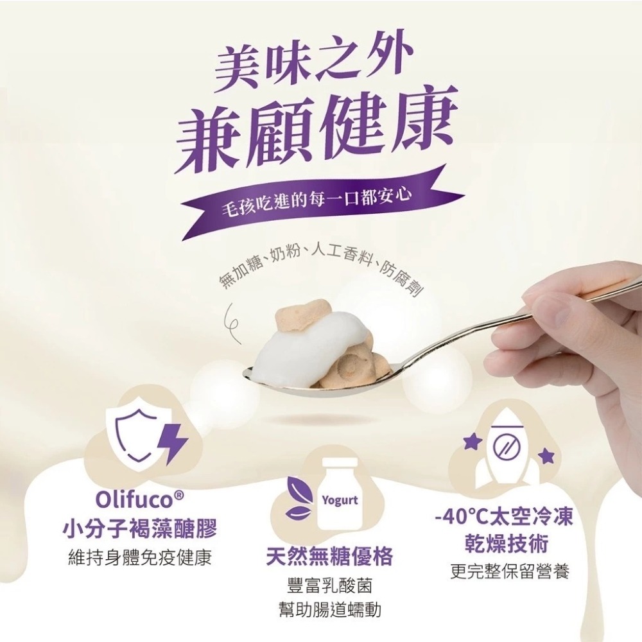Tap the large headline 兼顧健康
(x=318, y=130)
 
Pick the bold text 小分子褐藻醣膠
(x=139, y=530)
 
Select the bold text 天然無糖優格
(x=329, y=555)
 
